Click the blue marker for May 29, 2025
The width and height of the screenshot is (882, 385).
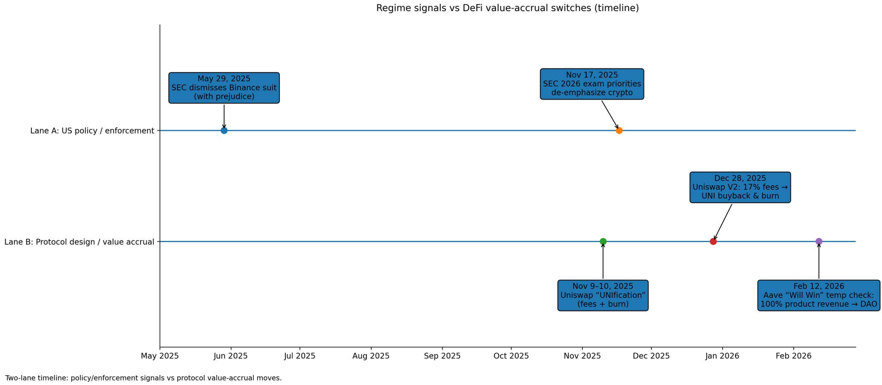pyautogui.click(x=224, y=131)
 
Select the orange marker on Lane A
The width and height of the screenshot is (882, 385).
pyautogui.click(x=619, y=131)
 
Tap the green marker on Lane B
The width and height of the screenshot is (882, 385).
pyautogui.click(x=603, y=241)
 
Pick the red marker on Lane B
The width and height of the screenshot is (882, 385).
pyautogui.click(x=713, y=241)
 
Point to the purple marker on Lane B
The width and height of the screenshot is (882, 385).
pyautogui.click(x=819, y=241)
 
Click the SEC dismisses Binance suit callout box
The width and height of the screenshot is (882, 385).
pyautogui.click(x=224, y=88)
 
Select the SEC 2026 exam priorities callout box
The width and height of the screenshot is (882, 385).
pyautogui.click(x=592, y=84)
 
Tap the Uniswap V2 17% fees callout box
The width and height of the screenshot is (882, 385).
pyautogui.click(x=740, y=187)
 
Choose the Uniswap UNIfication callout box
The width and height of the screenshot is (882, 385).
pyautogui.click(x=603, y=295)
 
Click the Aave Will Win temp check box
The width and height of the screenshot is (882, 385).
pyautogui.click(x=819, y=295)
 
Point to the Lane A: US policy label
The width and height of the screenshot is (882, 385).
pyautogui.click(x=92, y=131)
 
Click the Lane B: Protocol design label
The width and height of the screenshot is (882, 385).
pyautogui.click(x=79, y=242)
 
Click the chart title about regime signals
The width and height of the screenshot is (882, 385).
pyautogui.click(x=507, y=8)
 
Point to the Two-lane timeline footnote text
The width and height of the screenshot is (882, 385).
pyautogui.click(x=143, y=378)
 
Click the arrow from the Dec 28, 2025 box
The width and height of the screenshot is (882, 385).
pyautogui.click(x=723, y=222)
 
